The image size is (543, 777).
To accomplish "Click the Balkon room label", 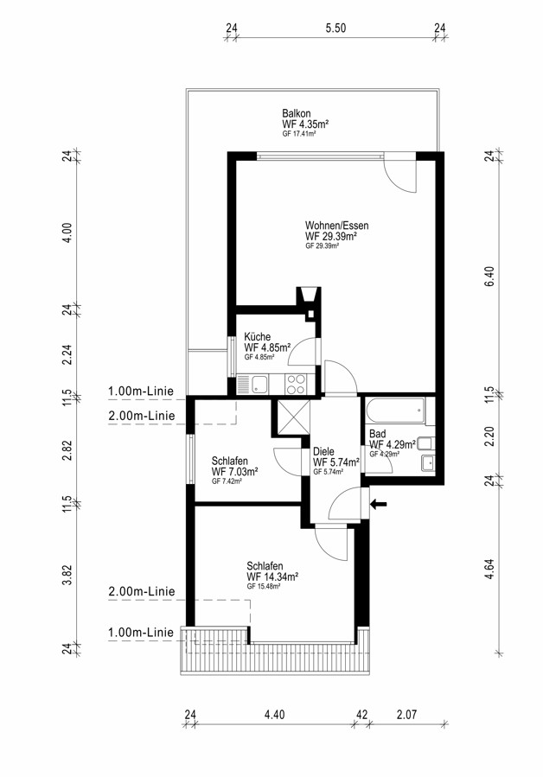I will pos(297,113).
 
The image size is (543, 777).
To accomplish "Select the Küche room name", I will pos(257,337).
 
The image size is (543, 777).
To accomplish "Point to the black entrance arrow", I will pos(379,503).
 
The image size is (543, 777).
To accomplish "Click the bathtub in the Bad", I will pos(394,411).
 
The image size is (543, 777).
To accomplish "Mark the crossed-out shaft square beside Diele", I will pos(291,419).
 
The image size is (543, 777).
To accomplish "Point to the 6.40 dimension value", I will pos(489,276).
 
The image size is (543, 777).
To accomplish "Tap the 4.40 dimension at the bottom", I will pos(273,714).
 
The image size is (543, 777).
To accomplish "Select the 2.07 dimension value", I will pos(406,714).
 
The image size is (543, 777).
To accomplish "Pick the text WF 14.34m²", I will pos(272,576).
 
